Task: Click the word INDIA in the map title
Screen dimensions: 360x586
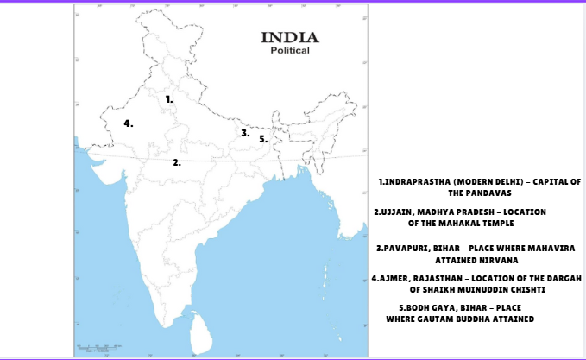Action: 289,37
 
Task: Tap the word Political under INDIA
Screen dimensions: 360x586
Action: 289,51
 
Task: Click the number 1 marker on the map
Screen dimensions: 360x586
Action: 169,99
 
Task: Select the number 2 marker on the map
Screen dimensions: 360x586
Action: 176,161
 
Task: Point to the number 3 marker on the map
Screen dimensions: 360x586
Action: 245,133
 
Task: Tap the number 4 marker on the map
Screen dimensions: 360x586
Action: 128,123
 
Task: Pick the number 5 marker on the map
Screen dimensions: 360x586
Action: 263,138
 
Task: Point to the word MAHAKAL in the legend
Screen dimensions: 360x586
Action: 465,223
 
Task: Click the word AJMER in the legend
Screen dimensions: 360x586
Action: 394,279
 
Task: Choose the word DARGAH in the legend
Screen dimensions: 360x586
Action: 562,279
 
